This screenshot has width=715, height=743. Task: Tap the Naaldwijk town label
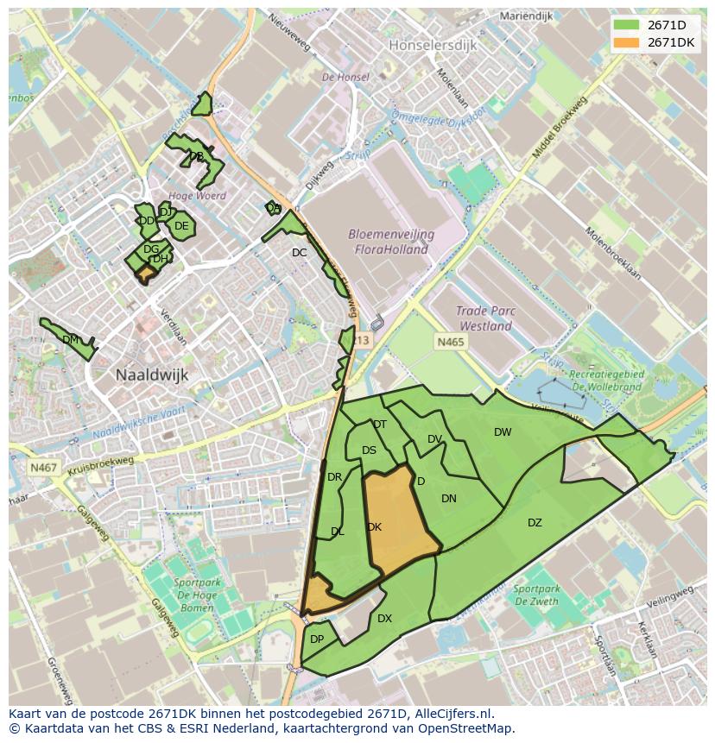[x=152, y=375]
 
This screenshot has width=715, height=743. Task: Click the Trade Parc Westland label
[x=485, y=319]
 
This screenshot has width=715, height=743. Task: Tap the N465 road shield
[x=450, y=343]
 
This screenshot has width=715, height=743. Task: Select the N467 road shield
[x=42, y=468]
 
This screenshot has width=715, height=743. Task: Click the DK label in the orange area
[x=374, y=527]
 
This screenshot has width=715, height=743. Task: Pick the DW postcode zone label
[x=503, y=432]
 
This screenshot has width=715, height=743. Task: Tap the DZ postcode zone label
[x=535, y=523]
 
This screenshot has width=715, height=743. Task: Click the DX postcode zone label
[x=384, y=619]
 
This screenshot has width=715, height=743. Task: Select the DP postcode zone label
[x=317, y=639]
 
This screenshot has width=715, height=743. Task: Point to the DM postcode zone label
[x=71, y=340]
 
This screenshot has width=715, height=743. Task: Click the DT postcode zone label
[x=380, y=425]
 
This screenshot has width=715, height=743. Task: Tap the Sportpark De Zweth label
[x=535, y=595]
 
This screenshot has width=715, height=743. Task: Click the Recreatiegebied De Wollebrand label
[x=607, y=381]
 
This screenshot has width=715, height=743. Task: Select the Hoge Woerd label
[x=198, y=196]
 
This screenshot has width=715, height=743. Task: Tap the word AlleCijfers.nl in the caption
[x=449, y=714]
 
